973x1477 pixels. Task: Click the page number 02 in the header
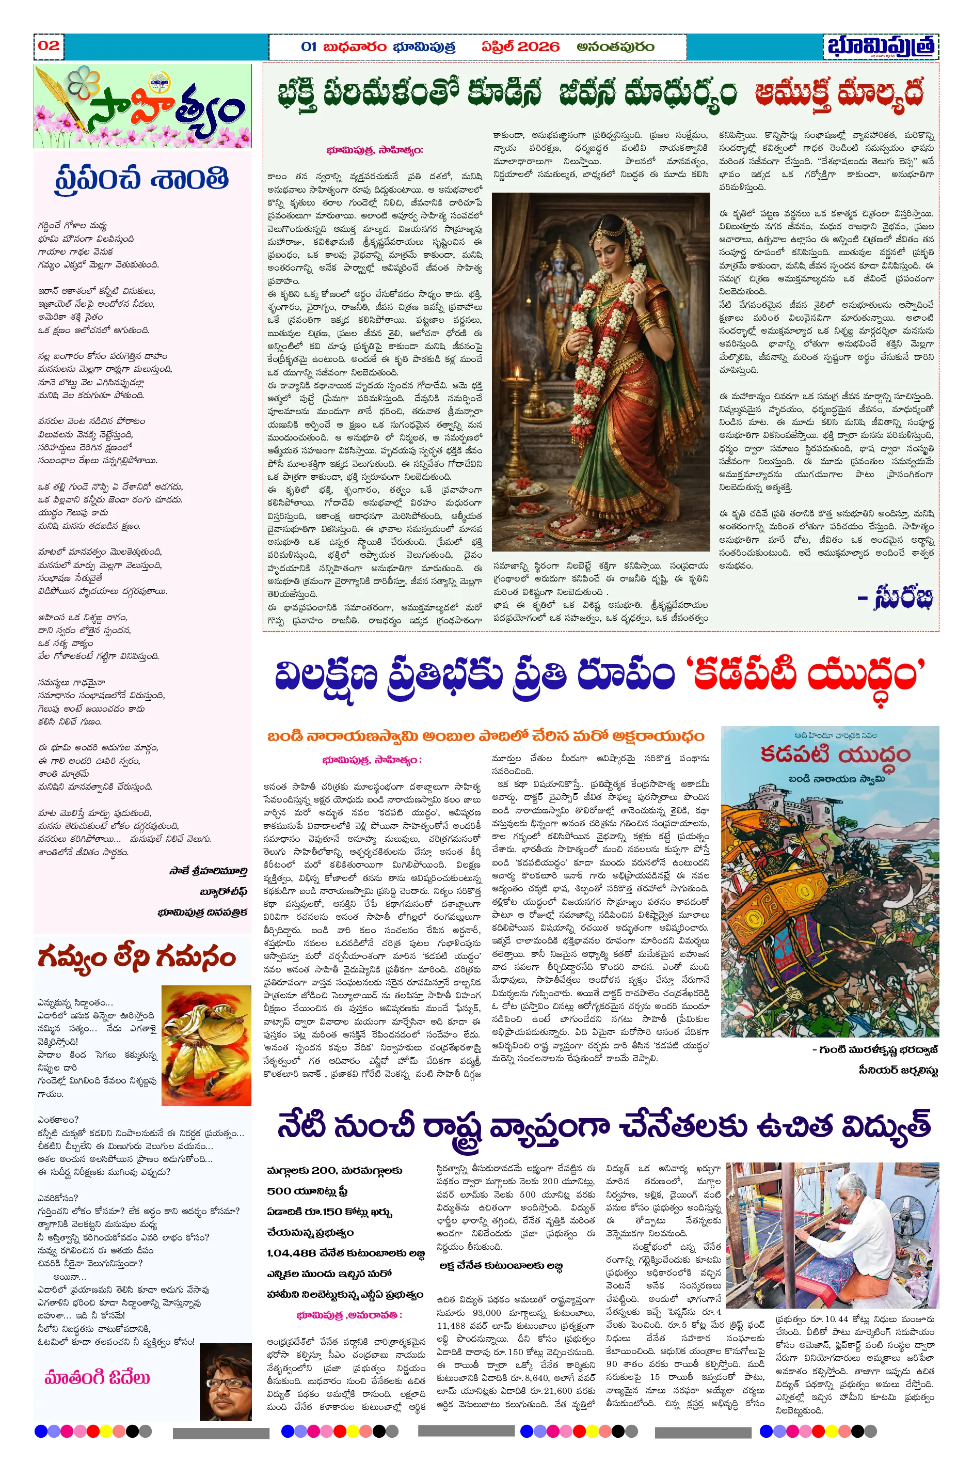(x=49, y=45)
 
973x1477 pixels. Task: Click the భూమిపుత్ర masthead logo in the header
(x=881, y=46)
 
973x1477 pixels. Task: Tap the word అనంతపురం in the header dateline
(x=615, y=46)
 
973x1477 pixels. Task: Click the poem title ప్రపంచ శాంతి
(x=142, y=179)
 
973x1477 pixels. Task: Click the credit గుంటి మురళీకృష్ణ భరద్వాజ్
(x=875, y=1049)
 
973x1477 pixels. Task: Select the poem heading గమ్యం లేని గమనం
(x=136, y=958)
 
